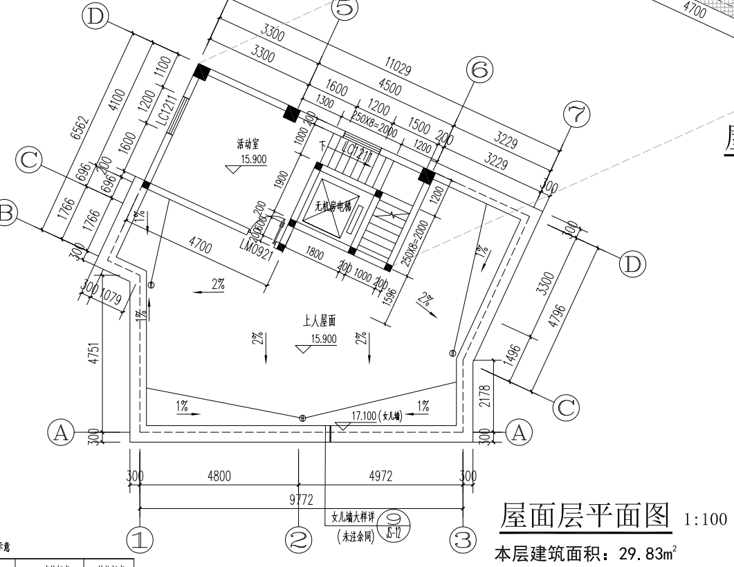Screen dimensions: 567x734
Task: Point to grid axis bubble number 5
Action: point(345,8)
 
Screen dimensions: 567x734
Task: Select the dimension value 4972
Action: point(380,476)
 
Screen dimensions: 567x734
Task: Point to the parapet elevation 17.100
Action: point(364,416)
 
